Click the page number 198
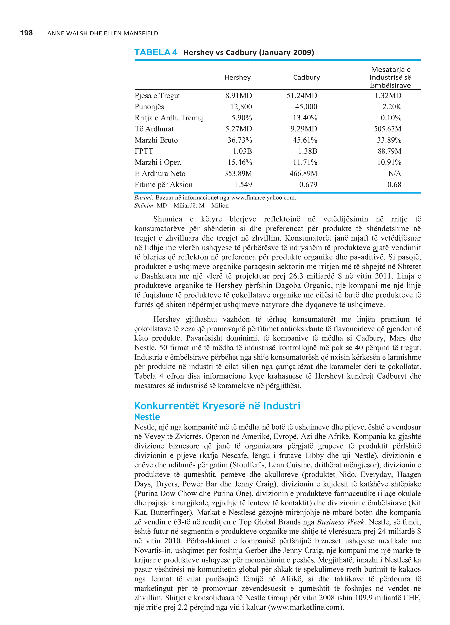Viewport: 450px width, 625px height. (26, 33)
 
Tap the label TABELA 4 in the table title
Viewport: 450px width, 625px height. (156, 52)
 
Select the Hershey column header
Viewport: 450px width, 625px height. (237, 77)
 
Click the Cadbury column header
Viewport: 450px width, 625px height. (306, 77)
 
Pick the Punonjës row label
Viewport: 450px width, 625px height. (149, 107)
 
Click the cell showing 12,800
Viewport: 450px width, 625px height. (241, 107)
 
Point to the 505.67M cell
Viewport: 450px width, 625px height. (387, 129)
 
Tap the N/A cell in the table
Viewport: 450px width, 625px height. (394, 173)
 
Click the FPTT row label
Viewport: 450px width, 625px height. (144, 151)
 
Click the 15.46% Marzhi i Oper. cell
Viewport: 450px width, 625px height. (240, 162)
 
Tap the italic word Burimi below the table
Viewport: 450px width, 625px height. (144, 197)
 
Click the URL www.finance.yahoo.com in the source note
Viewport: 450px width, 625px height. (263, 197)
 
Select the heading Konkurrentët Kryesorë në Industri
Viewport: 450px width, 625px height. (217, 406)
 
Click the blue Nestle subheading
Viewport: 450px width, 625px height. (147, 417)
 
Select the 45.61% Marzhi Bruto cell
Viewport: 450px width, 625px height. (305, 140)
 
